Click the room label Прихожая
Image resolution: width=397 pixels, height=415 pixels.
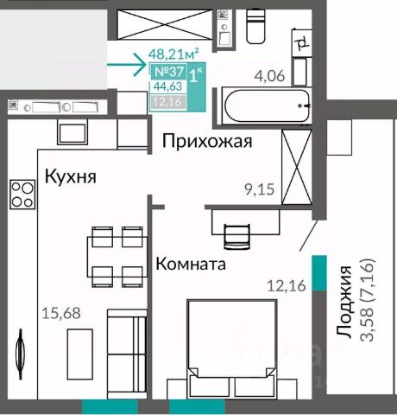[x=207, y=141]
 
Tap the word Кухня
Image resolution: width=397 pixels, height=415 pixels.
[x=71, y=176]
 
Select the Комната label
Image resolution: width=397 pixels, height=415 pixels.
[x=191, y=264]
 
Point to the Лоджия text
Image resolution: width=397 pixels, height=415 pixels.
[x=344, y=302]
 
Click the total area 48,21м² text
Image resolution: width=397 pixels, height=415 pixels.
[x=173, y=54]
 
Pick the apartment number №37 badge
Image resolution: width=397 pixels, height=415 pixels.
[x=169, y=72]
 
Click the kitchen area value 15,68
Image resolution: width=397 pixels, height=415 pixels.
[x=61, y=313]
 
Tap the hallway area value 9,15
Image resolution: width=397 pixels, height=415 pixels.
[x=260, y=189]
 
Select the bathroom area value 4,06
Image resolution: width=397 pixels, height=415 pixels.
[x=270, y=76]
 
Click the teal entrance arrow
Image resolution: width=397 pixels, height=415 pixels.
[x=127, y=64]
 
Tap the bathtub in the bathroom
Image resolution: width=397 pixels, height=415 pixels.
[x=267, y=106]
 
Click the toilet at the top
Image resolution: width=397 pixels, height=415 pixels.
[x=256, y=27]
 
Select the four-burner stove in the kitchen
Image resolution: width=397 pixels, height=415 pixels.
[x=22, y=195]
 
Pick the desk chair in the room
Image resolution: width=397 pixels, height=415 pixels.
[x=236, y=236]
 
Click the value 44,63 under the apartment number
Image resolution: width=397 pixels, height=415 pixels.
[x=168, y=86]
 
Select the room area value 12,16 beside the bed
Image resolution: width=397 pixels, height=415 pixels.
[x=287, y=286]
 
